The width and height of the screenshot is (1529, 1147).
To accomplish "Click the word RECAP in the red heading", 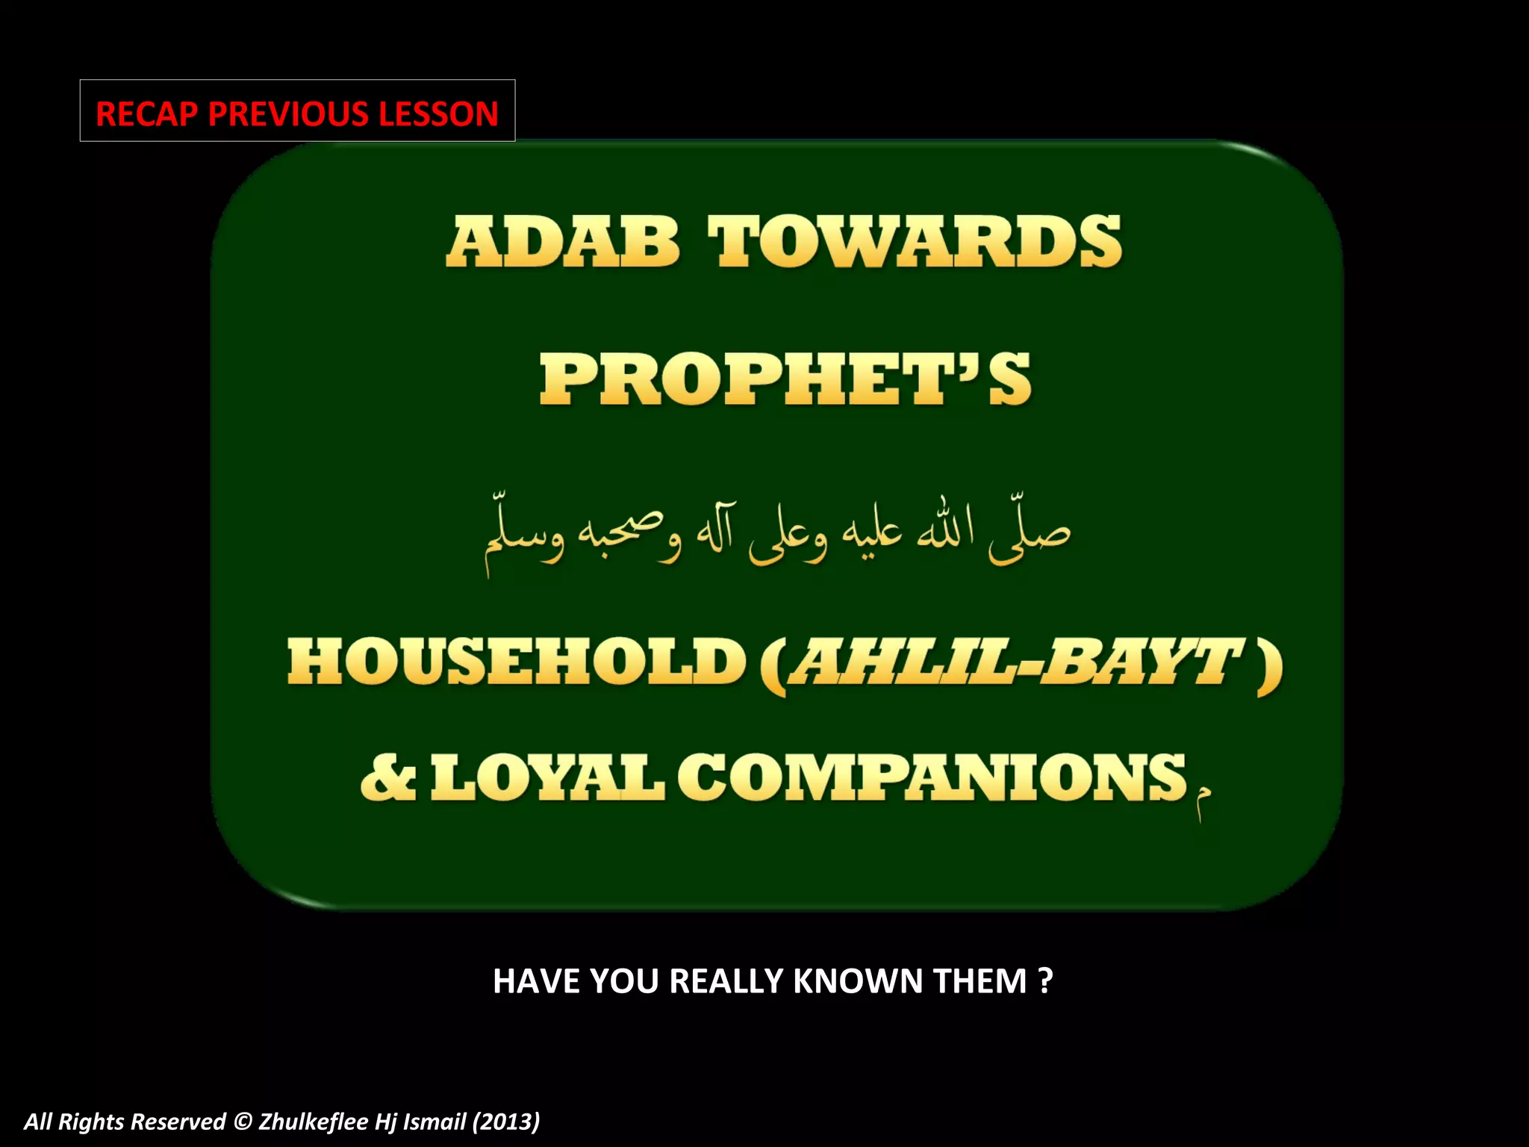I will coord(147,114).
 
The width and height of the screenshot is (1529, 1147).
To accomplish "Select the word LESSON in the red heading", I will coord(438,114).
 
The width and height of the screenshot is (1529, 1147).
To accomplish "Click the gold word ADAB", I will coord(562,241).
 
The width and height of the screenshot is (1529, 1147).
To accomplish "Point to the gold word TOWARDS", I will coord(915,241).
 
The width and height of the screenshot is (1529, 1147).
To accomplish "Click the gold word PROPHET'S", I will coord(785,379).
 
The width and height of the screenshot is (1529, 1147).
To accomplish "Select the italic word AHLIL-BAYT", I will coord(1016,662).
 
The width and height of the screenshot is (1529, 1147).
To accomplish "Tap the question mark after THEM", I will coord(1045,980).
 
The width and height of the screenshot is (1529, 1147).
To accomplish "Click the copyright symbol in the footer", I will coord(242,1121).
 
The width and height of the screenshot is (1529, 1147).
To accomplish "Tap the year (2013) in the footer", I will coord(506,1121).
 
